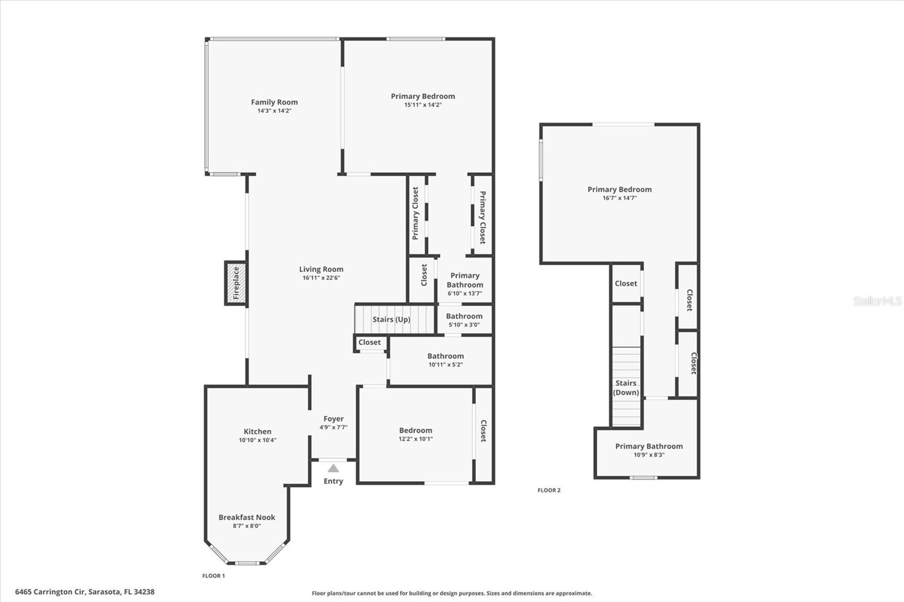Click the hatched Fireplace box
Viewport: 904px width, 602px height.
click(x=236, y=283)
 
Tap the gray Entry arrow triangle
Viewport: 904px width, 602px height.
click(x=333, y=468)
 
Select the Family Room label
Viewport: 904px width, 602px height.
click(x=275, y=102)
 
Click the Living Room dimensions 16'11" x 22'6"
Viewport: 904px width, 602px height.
click(x=321, y=278)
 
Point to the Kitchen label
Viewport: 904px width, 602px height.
click(x=258, y=431)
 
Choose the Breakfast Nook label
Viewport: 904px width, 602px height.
click(x=247, y=517)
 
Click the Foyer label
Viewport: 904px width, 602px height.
click(x=334, y=419)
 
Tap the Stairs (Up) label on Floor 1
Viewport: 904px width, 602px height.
click(x=392, y=319)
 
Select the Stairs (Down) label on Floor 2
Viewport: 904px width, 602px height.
click(x=626, y=387)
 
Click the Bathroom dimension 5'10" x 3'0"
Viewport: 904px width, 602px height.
click(x=464, y=325)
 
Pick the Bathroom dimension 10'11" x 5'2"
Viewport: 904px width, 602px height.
click(x=446, y=365)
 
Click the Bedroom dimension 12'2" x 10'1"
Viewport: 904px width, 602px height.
click(x=416, y=439)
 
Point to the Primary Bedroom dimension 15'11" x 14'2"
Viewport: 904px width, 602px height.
click(x=423, y=105)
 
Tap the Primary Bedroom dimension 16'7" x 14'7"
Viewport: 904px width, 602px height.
click(x=619, y=198)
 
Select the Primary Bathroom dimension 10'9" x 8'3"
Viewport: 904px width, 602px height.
click(x=649, y=455)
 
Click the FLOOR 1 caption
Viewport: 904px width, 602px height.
click(x=214, y=576)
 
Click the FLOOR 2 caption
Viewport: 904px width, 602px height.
click(x=549, y=490)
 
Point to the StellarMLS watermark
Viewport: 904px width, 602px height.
click(x=877, y=300)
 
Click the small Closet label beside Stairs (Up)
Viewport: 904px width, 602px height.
click(x=370, y=342)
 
